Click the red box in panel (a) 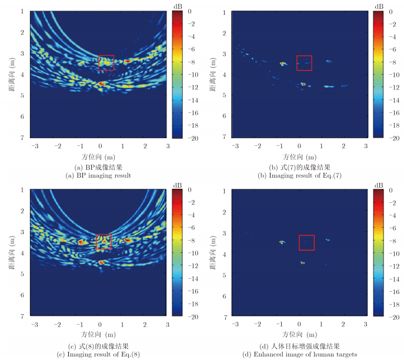coord(106,63)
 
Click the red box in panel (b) coord(304,63)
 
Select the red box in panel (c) coord(103,242)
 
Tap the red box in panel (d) coord(306,242)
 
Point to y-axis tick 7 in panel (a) coord(22,137)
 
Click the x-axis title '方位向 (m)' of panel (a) coord(101,157)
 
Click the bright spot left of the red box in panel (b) coord(282,64)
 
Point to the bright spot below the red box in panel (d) coord(303,262)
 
